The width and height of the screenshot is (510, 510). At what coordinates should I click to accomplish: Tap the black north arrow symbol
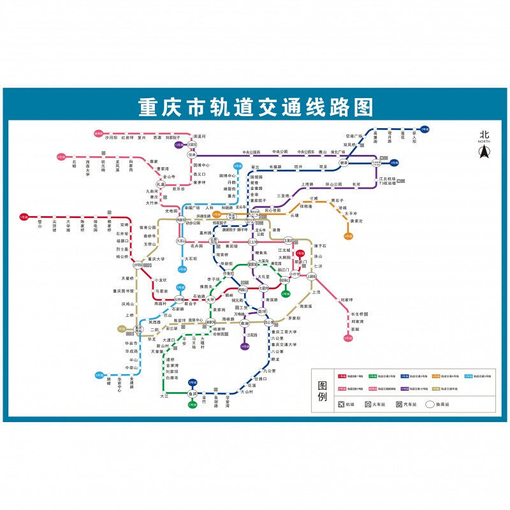coord(484,152)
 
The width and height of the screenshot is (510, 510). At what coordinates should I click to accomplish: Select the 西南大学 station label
coord(87,167)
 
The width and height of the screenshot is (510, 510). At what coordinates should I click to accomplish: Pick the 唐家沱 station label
coord(356,221)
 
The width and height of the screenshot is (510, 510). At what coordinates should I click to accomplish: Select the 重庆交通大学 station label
coord(284,344)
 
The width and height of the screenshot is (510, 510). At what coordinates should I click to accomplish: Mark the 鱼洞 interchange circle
coord(192,394)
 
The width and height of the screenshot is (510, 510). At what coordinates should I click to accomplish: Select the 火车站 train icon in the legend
coord(368,404)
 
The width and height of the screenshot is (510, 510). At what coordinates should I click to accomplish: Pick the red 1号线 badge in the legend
coord(342,377)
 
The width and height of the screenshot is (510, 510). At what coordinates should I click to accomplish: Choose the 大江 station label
coord(164,397)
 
